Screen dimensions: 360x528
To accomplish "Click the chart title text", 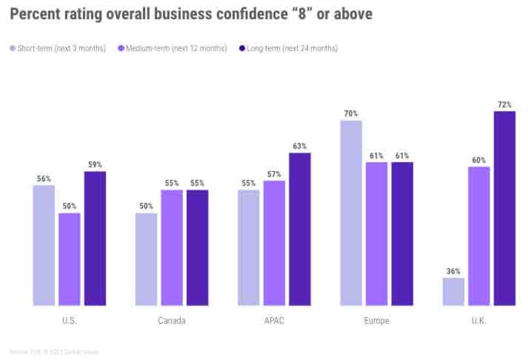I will [x=191, y=14].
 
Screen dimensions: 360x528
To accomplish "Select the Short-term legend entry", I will [x=58, y=48].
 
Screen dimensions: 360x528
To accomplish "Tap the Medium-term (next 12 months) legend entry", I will [x=172, y=48].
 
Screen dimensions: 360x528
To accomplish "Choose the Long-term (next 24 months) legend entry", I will [x=288, y=48].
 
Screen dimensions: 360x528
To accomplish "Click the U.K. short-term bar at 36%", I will [x=453, y=291].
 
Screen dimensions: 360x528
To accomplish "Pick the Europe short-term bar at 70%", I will [x=351, y=212].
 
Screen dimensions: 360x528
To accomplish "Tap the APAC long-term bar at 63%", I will [x=300, y=229].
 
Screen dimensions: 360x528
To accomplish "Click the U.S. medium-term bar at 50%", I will [x=69, y=259].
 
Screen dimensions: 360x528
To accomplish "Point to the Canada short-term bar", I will [x=146, y=259].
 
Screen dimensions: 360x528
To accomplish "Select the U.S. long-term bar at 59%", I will [x=95, y=238].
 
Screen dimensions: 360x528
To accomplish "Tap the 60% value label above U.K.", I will [x=478, y=160].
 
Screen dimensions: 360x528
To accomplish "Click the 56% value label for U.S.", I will [x=44, y=178].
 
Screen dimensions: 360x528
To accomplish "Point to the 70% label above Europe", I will [x=351, y=113].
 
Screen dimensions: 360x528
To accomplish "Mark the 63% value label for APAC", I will [x=300, y=146].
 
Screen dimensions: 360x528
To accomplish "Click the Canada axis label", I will [x=172, y=321].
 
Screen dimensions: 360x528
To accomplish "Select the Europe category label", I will [x=376, y=321].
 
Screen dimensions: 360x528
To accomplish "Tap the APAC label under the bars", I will [x=274, y=321].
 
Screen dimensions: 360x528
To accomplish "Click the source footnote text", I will [x=54, y=352].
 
